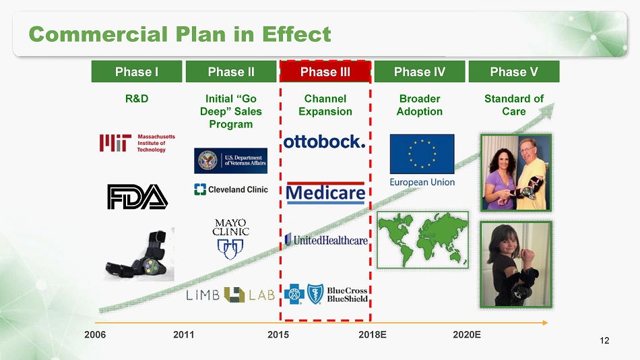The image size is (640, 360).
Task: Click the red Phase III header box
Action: pos(325,71)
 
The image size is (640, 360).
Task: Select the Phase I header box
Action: pos(137,71)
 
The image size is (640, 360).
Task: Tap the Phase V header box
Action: pos(514,71)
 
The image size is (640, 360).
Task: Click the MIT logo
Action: pos(137,143)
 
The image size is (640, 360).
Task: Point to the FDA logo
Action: pos(137,197)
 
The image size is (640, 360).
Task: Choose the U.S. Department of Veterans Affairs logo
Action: pos(230,160)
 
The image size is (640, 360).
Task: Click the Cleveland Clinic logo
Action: pos(231,189)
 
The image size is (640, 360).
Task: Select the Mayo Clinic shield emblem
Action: pos(230,249)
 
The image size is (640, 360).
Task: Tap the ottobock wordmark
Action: pos(324,142)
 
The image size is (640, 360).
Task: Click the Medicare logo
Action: pos(325,193)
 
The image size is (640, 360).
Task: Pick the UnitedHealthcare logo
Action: pos(326,240)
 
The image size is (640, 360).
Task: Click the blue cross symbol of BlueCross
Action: pos(294,294)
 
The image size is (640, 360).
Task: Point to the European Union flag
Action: pos(422,154)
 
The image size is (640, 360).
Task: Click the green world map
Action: pos(422,240)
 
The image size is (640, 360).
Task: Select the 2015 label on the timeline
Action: pos(278,334)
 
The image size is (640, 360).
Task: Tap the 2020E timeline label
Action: pos(467,334)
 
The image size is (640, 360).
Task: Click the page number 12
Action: pos(604,340)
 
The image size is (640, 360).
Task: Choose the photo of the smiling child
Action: pos(516,264)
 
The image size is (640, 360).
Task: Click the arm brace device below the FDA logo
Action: pos(139,255)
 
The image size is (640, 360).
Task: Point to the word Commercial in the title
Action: pos(98,34)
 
